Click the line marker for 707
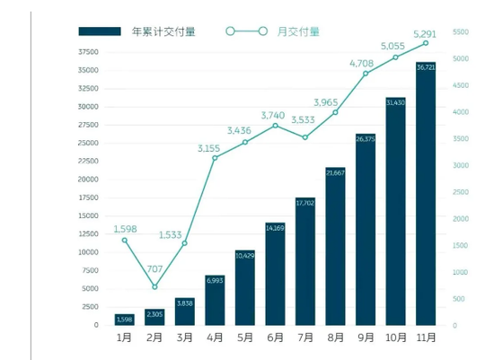tap(154, 287)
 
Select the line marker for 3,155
tap(215, 158)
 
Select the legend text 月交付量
tap(300, 31)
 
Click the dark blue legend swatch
tap(99, 31)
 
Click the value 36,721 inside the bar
tap(425, 67)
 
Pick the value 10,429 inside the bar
tap(244, 256)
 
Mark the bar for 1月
tap(125, 320)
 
